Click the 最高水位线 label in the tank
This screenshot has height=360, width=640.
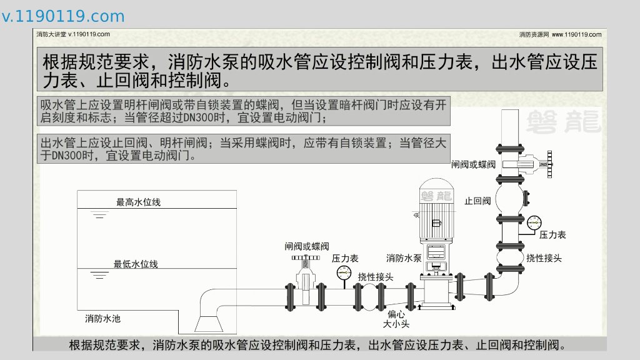click(138, 202)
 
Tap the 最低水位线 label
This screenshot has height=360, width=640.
click(136, 264)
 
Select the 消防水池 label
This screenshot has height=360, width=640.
click(102, 319)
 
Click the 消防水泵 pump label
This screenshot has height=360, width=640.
click(403, 257)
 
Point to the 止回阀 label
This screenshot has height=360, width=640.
click(477, 201)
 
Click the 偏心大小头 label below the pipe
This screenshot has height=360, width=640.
click(396, 319)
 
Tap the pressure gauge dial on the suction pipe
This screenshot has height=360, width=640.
click(343, 273)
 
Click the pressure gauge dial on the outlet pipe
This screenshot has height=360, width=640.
click(534, 222)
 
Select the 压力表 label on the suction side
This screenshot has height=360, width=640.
click(344, 258)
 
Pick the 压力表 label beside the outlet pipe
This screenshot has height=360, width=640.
click(552, 235)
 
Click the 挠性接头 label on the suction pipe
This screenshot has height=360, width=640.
click(376, 276)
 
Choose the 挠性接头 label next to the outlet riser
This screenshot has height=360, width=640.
click(544, 257)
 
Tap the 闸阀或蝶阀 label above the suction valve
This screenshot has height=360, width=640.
click(306, 246)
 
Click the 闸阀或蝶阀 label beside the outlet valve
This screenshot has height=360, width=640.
click(473, 164)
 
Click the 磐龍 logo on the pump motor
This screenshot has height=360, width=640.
click(436, 196)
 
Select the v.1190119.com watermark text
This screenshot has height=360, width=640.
click(63, 16)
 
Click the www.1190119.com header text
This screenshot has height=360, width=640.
click(576, 34)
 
